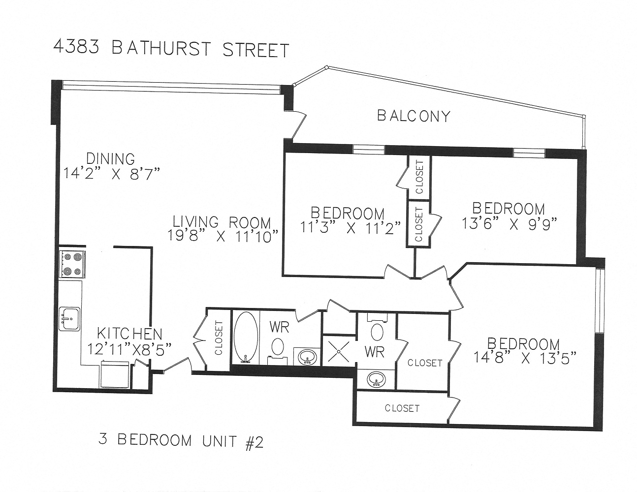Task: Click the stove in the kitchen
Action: [72, 264]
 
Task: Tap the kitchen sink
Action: [69, 318]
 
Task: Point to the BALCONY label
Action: [414, 116]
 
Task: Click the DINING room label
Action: [110, 159]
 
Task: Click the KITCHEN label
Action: [129, 333]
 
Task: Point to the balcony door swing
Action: [298, 125]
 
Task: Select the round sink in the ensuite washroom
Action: [377, 379]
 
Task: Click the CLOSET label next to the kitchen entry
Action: [219, 338]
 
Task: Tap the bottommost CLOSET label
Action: [402, 408]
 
